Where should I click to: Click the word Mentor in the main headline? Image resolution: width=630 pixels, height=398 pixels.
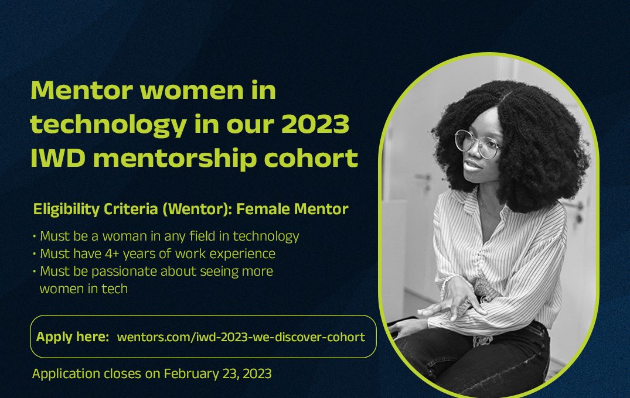(82, 90)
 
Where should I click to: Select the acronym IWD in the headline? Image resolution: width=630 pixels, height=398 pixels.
(58, 158)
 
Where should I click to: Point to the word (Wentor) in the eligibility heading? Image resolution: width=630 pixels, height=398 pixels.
(197, 210)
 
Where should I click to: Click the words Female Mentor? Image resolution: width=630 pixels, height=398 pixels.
(292, 209)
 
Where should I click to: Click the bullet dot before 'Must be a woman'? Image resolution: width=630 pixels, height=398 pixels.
(35, 236)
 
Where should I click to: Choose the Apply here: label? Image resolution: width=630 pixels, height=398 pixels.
(73, 337)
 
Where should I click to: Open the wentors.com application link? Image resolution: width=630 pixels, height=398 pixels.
(241, 337)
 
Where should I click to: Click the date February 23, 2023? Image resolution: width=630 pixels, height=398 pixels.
(217, 373)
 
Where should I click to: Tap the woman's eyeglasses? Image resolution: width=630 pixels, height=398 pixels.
(477, 143)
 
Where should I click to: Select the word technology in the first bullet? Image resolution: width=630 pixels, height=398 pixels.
(266, 236)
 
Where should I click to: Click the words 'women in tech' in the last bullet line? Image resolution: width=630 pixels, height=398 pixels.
(84, 289)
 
